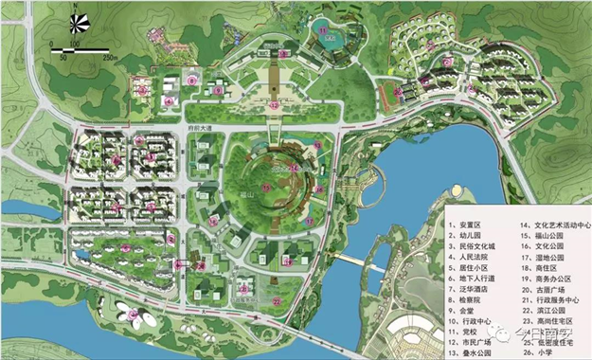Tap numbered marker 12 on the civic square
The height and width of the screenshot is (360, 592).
274,105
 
